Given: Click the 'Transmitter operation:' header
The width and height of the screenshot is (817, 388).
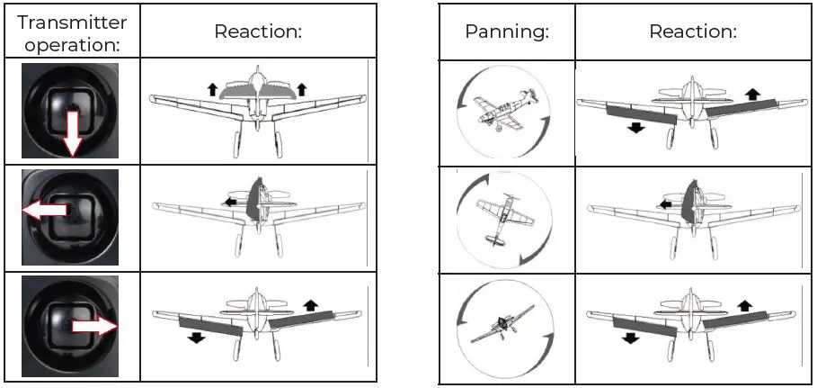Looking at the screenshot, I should pos(71,32).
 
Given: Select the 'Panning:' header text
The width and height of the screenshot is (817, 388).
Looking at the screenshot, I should pos(507,32).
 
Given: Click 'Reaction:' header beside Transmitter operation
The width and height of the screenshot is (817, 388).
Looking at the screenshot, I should pos(257,32).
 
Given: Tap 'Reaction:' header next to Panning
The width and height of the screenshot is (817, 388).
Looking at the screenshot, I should pos(692,32).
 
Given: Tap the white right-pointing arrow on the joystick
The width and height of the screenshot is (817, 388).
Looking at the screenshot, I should pos(94,325).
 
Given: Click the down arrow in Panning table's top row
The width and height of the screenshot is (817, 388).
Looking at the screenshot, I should pos(636,127).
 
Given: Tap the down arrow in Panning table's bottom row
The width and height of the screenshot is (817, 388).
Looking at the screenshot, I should pos(629,338).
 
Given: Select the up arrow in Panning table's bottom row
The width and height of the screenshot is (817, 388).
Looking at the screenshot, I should pos(746,303).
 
